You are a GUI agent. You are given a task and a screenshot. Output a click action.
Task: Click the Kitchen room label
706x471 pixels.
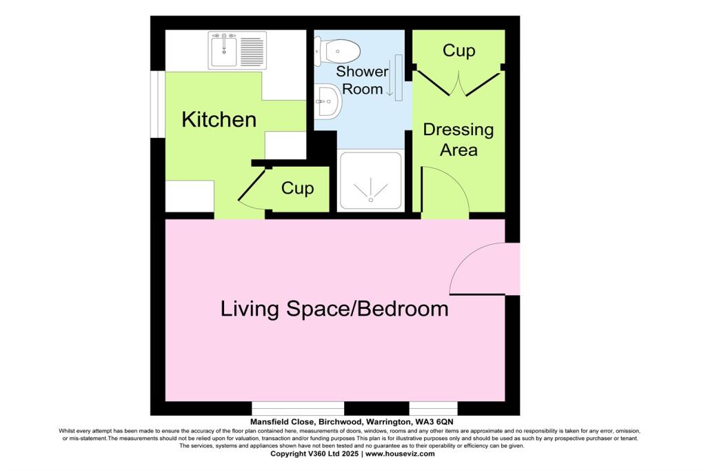[x=219, y=119]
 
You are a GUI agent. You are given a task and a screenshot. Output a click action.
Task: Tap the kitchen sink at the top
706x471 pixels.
[x=223, y=50]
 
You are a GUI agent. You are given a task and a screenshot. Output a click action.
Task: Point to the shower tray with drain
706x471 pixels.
[x=372, y=181]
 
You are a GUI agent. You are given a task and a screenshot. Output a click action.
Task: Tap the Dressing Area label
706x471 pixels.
[x=458, y=139]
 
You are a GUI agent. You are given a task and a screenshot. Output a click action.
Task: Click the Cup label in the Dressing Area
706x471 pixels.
[x=458, y=50]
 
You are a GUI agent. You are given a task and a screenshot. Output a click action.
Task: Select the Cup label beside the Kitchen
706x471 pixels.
[x=298, y=188]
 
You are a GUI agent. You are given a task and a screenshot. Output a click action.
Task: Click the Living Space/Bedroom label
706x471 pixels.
[x=334, y=308]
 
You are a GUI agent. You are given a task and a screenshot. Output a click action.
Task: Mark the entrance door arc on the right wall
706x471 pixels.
[x=483, y=269]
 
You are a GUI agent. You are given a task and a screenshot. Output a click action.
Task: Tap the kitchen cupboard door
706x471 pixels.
[x=252, y=185]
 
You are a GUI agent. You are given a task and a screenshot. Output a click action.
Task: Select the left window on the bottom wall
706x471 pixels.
[x=298, y=408]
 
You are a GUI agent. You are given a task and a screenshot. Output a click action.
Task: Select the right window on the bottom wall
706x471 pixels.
[x=433, y=408]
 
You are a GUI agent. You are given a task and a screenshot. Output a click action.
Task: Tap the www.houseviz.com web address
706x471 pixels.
[x=400, y=454]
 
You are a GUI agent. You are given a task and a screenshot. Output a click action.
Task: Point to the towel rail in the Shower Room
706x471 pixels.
[x=399, y=77]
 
